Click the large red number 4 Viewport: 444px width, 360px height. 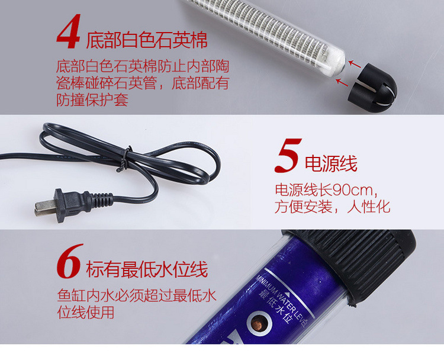69,32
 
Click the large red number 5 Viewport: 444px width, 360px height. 288,156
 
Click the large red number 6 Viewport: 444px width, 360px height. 69,261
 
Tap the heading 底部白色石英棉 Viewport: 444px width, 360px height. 147,40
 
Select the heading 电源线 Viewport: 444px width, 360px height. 331,163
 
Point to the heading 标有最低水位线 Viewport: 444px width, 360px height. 147,269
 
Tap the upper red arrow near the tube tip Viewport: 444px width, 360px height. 354,64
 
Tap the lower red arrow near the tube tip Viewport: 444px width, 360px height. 342,83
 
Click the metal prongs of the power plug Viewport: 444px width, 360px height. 46,207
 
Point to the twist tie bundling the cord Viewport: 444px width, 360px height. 124,159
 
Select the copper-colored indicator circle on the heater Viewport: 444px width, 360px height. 259,323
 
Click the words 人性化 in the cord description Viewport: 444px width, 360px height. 369,207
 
